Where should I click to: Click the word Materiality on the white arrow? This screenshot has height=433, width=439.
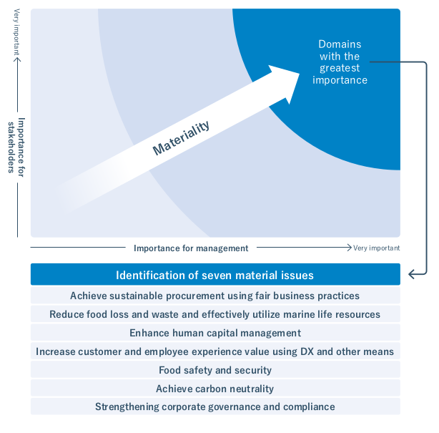[182, 138]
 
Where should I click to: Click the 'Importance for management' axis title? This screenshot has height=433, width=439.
[191, 248]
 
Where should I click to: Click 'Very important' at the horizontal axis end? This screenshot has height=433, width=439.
[376, 248]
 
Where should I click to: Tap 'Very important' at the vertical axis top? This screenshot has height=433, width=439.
[16, 33]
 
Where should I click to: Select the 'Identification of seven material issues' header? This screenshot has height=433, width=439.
[214, 275]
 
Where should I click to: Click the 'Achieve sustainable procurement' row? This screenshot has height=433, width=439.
[214, 296]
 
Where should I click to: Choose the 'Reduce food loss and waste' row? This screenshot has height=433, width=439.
[214, 314]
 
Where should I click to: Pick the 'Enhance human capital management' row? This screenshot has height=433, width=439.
[214, 333]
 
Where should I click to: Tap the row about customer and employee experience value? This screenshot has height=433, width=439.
[214, 351]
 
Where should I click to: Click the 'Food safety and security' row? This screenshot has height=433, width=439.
[214, 370]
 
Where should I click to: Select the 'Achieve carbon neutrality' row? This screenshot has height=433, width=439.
[214, 389]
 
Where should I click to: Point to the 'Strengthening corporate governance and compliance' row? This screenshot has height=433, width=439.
[214, 407]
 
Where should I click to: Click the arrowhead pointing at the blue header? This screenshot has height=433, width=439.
[411, 274]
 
